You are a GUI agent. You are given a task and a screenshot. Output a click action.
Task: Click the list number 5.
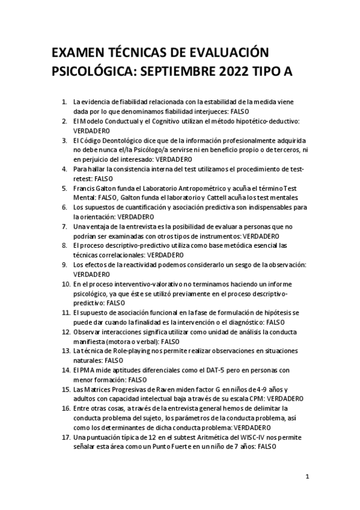coord(64,188)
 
